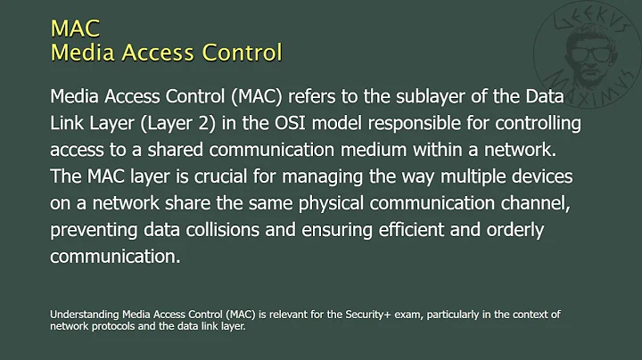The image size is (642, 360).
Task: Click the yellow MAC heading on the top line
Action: tap(75, 29)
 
